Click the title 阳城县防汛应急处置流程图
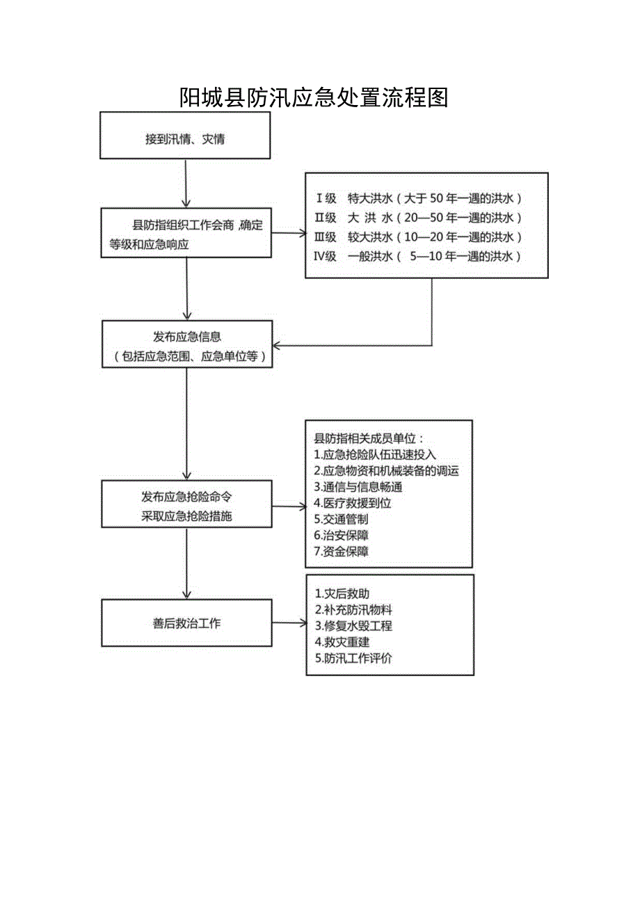314,97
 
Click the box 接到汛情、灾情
185,138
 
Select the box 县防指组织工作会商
186,234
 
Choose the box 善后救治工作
186,623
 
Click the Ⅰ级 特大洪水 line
419,198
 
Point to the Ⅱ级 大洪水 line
419,217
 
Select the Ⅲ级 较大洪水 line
419,237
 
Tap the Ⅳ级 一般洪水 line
419,256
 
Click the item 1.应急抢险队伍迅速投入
375,455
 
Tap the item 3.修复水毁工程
353,625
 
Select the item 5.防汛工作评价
353,657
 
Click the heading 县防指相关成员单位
369,439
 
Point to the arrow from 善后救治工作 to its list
289,623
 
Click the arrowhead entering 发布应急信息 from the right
276,345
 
